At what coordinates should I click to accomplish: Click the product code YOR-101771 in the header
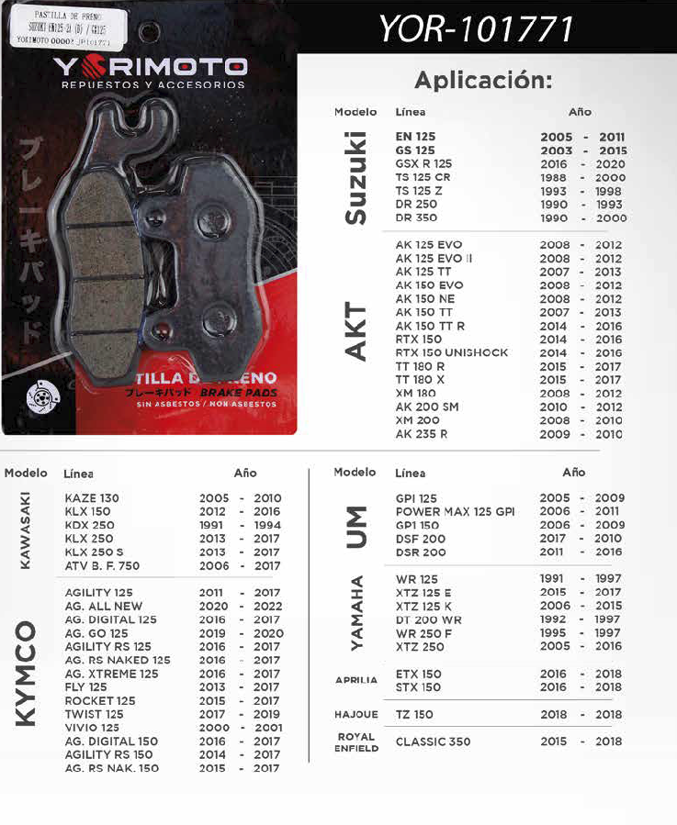(476, 30)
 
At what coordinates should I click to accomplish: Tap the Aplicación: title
(483, 80)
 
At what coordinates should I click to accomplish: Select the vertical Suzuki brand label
(355, 178)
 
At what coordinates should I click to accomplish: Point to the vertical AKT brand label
(355, 331)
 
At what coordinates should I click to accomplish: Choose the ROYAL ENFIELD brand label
(355, 741)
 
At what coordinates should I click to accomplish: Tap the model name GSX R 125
(423, 163)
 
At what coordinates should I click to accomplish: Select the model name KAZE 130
(92, 498)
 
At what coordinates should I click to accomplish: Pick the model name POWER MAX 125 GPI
(455, 511)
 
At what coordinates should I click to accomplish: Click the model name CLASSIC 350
(432, 741)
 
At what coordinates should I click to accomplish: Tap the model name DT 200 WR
(428, 619)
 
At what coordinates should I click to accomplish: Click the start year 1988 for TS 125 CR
(555, 177)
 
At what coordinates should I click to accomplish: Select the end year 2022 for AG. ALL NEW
(267, 607)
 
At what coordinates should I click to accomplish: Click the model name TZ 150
(414, 714)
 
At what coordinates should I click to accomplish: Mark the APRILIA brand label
(355, 680)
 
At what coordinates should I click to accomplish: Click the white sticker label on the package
(65, 29)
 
